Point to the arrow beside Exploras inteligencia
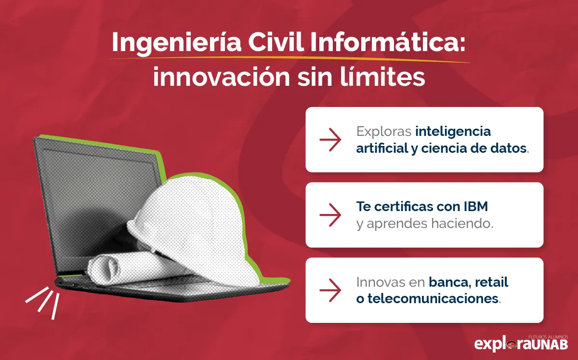[x=330, y=140]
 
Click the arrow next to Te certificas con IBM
[x=330, y=215]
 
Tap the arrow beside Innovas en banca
[x=330, y=290]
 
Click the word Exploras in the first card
[x=383, y=131]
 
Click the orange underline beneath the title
[x=289, y=59]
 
